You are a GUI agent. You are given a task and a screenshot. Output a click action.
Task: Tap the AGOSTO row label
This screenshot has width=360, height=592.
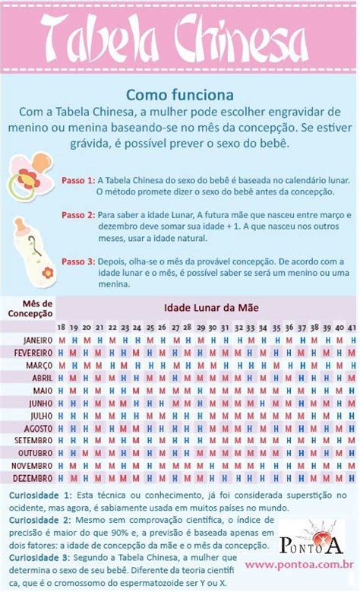point(37,428)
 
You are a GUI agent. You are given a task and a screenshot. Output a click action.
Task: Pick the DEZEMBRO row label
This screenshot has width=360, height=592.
point(33,478)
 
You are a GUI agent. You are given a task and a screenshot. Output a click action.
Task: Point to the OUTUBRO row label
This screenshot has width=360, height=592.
point(34,453)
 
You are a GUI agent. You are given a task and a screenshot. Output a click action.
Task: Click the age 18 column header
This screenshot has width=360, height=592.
point(62,327)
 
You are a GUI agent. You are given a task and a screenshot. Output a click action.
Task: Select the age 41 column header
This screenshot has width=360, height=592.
point(352,327)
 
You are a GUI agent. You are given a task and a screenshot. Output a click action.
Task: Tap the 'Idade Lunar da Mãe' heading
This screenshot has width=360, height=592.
point(207,307)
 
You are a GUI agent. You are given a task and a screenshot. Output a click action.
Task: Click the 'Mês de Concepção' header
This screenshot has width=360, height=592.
point(30,306)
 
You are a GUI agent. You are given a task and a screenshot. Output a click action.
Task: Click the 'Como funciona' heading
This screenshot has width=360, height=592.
point(179,96)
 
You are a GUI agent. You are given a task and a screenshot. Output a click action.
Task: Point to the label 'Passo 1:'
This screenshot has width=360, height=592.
point(78,180)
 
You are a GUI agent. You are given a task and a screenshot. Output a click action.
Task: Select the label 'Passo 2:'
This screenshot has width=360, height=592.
point(78,215)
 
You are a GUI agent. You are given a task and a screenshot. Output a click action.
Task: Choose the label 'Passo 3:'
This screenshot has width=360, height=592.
point(78,261)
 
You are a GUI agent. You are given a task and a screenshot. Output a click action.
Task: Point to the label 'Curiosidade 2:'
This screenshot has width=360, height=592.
point(40,520)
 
